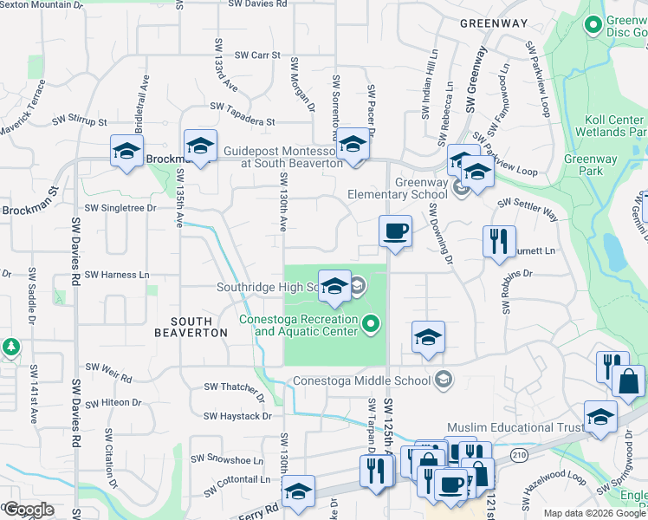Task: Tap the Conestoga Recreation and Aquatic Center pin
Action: pyautogui.click(x=372, y=325)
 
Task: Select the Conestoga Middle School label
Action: pyautogui.click(x=361, y=380)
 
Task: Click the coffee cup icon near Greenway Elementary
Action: pyautogui.click(x=395, y=231)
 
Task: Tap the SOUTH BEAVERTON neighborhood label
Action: pyautogui.click(x=184, y=326)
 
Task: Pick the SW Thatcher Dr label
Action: pyautogui.click(x=233, y=387)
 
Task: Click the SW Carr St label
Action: pyautogui.click(x=254, y=55)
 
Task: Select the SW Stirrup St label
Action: pyautogui.click(x=79, y=121)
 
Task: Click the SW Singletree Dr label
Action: pyautogui.click(x=120, y=208)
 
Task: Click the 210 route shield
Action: pyautogui.click(x=519, y=454)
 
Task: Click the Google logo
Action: pyautogui.click(x=29, y=510)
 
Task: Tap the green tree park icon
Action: pyautogui.click(x=11, y=348)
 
